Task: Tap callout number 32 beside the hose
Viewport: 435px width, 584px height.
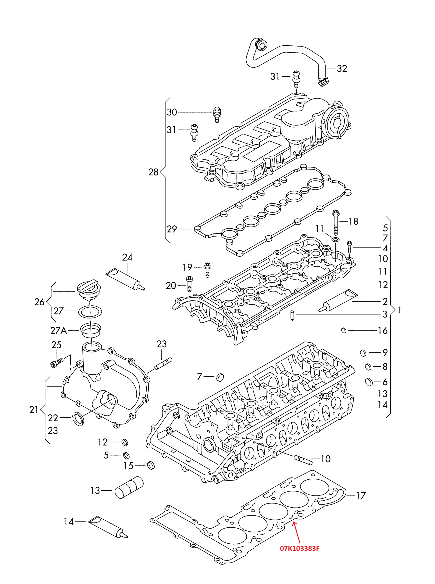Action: (342, 68)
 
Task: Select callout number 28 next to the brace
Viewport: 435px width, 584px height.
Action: (153, 172)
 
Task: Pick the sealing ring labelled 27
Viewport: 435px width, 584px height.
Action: (90, 311)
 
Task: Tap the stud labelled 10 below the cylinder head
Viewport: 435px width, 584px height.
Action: (303, 459)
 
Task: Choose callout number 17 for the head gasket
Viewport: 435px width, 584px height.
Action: (361, 496)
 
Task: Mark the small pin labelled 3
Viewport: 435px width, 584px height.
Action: (292, 315)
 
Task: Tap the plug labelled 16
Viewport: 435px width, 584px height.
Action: (344, 330)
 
